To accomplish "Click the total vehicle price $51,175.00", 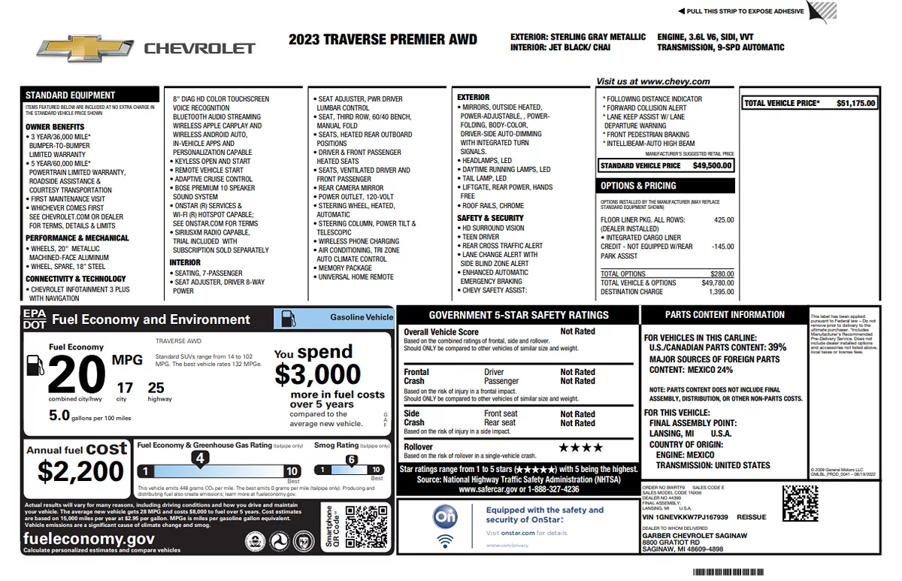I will coord(855,104).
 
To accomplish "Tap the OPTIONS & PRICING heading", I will coord(638,186).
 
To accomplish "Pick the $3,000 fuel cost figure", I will coord(317,374).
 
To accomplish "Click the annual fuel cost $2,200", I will coord(80,471).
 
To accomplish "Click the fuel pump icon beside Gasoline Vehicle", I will coord(288,318).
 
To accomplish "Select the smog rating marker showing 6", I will coord(351,460).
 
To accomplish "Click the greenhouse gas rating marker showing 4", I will coord(200,457).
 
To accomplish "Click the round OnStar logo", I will coord(445,517).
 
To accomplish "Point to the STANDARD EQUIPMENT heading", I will coord(71,95).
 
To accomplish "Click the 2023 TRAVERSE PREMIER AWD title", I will coord(382,40).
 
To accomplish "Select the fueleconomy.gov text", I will coord(89,539).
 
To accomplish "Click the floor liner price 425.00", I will coord(723,220).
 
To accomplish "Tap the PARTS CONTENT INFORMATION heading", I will coord(725,315).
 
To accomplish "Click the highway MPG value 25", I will coord(156,388).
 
